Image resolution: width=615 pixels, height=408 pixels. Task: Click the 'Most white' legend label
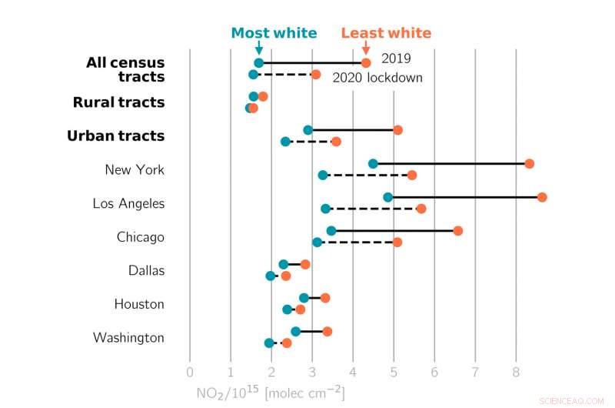coord(274,32)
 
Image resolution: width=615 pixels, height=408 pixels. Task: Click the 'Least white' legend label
coord(386,32)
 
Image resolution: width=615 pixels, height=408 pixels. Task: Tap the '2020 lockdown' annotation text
coord(377,78)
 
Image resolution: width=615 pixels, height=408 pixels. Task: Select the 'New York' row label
coord(135,169)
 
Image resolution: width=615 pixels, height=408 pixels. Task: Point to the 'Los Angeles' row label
coord(128,203)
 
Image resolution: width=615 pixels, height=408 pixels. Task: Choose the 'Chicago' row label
coord(141,237)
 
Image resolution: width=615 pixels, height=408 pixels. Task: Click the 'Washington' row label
coord(128,337)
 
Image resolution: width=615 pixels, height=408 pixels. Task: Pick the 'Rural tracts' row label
coord(118,102)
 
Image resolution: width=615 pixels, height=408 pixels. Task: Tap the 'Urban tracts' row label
coord(115,135)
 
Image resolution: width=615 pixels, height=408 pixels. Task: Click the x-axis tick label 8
coord(516,374)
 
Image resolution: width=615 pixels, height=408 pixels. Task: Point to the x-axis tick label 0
coord(190,374)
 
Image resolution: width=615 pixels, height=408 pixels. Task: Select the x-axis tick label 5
coord(394,374)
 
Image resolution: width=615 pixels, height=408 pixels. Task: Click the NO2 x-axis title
coord(270,393)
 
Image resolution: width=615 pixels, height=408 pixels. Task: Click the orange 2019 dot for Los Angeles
coord(542,197)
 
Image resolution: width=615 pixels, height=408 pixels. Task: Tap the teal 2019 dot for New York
coord(373,163)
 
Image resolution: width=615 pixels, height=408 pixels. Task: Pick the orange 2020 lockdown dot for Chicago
coord(397,242)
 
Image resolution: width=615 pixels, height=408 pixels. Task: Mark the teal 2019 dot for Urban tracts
coord(308,130)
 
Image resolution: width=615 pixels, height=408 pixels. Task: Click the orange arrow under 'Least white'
coord(365,48)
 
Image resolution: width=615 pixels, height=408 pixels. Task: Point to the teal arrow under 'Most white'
coord(258,48)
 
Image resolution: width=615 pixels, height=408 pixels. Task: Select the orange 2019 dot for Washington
coord(327,332)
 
